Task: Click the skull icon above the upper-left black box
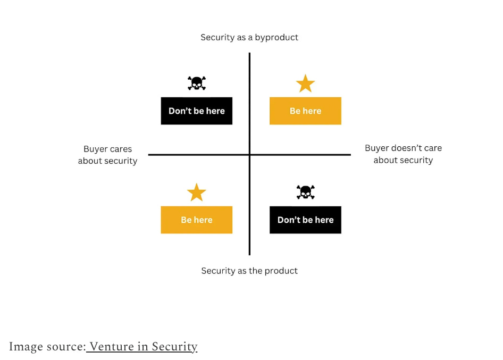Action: [x=197, y=83]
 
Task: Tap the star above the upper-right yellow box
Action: [x=305, y=83]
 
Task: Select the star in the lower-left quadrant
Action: [x=197, y=192]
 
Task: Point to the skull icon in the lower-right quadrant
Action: [x=305, y=192]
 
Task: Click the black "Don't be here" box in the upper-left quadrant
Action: [x=197, y=111]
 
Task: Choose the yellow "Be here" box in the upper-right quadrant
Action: [x=305, y=111]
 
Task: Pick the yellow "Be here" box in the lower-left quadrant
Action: [x=197, y=220]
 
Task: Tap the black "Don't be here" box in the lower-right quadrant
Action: [x=305, y=220]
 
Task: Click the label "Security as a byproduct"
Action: [x=249, y=37]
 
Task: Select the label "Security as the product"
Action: [x=249, y=271]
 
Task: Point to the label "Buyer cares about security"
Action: [x=107, y=155]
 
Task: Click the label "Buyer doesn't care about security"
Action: [x=403, y=154]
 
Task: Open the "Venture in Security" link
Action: [x=143, y=347]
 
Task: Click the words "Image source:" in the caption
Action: [x=47, y=347]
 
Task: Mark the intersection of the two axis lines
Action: [x=249, y=155]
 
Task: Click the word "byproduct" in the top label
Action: [x=276, y=37]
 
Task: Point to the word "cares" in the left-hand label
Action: [x=120, y=149]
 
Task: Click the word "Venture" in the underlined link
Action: [x=111, y=347]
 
